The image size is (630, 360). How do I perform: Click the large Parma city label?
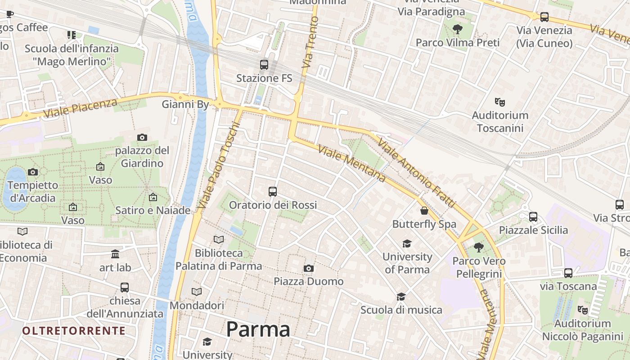258,329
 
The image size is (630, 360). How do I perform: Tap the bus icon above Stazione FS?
264,65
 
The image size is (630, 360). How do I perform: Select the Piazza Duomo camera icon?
308,269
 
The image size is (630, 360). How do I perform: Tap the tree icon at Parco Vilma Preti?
458,30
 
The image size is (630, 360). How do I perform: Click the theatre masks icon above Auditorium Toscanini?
499,102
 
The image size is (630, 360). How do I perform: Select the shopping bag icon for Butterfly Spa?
424,211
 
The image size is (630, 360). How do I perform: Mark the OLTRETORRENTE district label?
74,331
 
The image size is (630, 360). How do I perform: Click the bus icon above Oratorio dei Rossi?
272,192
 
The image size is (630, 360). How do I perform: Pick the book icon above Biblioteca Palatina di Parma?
219,240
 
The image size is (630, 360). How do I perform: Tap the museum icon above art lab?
115,254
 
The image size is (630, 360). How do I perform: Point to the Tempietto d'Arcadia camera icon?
32,172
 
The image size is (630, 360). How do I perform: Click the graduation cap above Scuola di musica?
401,297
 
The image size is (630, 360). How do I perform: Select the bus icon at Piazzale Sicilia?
533,217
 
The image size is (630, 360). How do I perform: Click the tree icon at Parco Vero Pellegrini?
478,247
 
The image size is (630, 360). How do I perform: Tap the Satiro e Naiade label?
153,210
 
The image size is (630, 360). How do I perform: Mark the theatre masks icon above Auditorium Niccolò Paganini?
583,310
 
